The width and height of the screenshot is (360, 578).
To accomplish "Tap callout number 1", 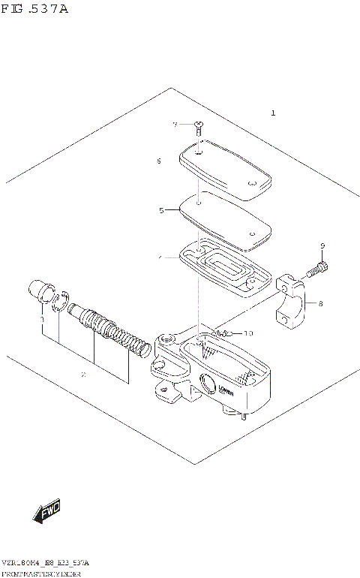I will coord(274,113).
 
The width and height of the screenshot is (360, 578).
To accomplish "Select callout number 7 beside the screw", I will coord(175,125).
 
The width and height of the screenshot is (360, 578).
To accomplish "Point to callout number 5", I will coord(160,211).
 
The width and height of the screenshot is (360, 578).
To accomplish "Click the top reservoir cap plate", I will coord(224,173).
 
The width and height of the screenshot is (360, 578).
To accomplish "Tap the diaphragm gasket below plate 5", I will coord(224,269).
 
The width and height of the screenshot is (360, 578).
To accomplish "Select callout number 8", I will coord(319,304).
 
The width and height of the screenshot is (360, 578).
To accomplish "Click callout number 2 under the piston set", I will coord(83,373).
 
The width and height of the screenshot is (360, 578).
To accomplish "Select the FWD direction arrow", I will coord(47,513).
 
